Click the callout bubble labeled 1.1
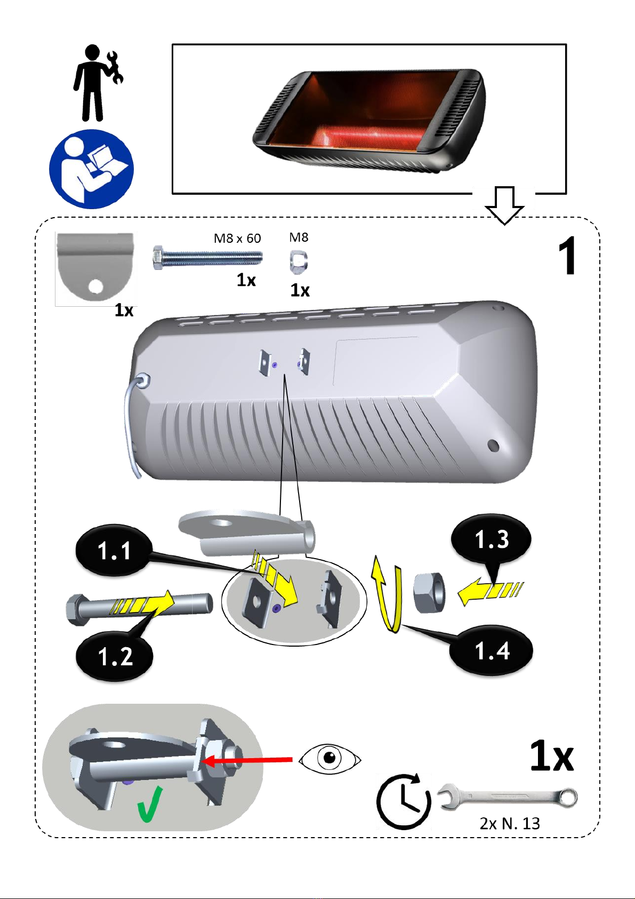point(114,551)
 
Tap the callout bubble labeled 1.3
point(492,539)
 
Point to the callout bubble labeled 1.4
point(492,650)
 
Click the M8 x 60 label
point(237,238)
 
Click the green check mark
point(150,804)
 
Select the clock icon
point(404,802)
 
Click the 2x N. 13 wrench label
point(510,824)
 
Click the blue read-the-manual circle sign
point(92,169)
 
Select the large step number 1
point(568,256)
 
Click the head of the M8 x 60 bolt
point(158,258)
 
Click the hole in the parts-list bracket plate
point(95,286)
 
